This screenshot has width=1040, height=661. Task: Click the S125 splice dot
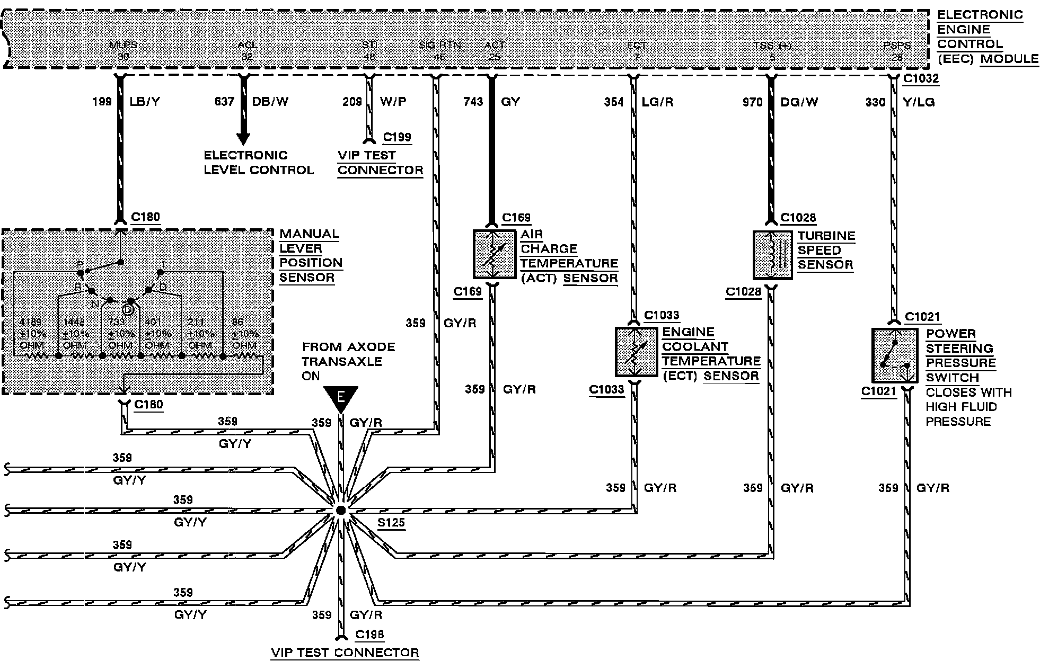coord(341,511)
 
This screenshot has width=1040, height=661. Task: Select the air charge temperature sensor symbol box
coord(494,254)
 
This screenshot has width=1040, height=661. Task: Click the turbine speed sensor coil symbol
coord(773,255)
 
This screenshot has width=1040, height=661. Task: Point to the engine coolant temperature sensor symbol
coord(636,352)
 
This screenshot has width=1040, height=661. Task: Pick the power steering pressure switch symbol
coord(894,355)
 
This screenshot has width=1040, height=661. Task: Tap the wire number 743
coord(473,102)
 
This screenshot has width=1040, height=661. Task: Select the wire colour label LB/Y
coord(145,102)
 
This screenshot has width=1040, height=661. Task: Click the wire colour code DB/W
coord(270,102)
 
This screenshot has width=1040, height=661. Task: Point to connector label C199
coord(397,137)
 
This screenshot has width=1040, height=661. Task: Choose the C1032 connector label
coord(921,79)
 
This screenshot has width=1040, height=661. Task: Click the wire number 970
coord(752,102)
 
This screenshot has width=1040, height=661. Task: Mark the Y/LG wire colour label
coord(919,102)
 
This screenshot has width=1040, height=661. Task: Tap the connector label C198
coord(369,634)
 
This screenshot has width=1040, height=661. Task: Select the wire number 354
coord(614,102)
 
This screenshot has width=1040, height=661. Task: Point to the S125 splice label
coord(391,523)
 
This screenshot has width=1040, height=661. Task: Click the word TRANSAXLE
coord(342,362)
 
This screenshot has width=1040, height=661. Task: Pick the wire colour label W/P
coord(393,102)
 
